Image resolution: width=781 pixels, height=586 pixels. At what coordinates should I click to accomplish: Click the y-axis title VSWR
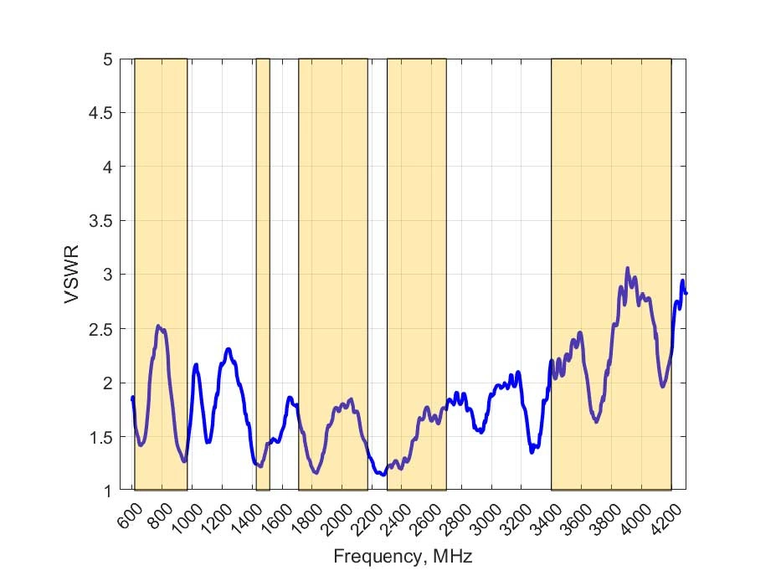coord(74,275)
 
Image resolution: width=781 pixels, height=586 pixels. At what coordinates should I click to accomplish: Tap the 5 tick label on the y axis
coord(108,59)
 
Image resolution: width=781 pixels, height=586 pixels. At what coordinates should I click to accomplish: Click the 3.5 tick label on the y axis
coord(102,221)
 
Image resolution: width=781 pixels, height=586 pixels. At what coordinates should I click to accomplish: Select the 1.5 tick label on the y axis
coord(102,436)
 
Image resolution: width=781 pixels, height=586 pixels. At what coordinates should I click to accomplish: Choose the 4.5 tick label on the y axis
coord(102,113)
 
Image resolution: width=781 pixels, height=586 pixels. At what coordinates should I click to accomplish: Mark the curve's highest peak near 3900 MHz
coord(628,269)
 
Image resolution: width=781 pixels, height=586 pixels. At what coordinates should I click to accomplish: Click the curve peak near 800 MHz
coord(159,326)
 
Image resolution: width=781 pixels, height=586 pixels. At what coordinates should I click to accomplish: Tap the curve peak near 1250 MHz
coord(228,348)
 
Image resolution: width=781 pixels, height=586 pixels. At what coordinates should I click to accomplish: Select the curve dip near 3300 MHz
coord(532,452)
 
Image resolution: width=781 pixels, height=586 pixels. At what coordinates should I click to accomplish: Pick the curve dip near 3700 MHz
coord(596,421)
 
